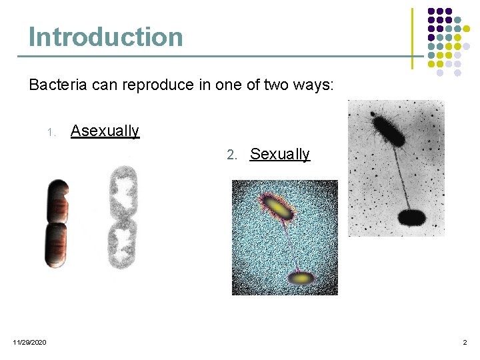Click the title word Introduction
(x=105, y=37)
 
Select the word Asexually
(x=105, y=131)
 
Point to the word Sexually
(x=279, y=155)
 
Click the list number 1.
(x=51, y=132)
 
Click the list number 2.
(x=231, y=155)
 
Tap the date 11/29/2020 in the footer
(x=30, y=342)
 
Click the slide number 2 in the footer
(x=465, y=342)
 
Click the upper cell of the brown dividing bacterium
(x=57, y=201)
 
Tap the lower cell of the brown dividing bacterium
(x=56, y=245)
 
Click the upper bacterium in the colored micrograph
(x=279, y=207)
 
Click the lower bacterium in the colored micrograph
(x=301, y=277)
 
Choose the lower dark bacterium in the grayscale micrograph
(x=411, y=218)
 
